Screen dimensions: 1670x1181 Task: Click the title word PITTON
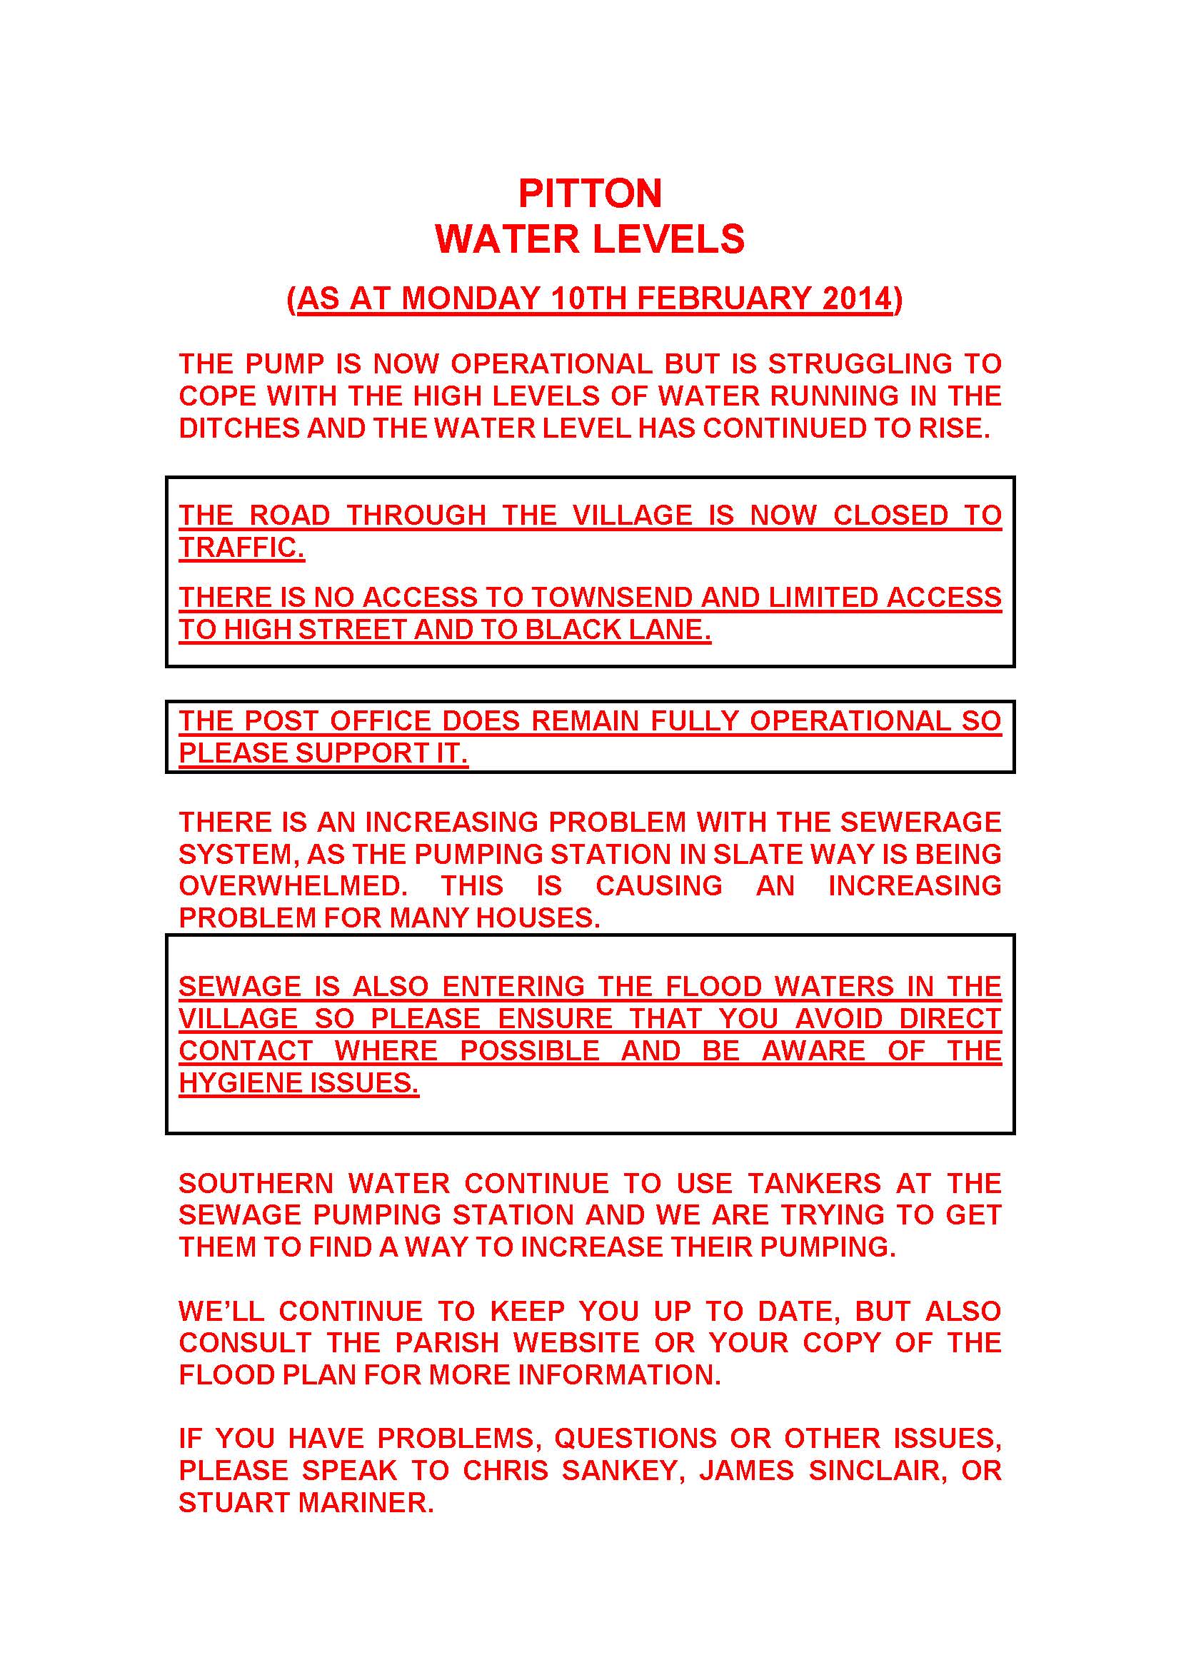[x=590, y=193]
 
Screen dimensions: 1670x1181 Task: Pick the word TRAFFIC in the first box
[x=241, y=548]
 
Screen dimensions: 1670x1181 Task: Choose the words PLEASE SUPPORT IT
[x=322, y=753]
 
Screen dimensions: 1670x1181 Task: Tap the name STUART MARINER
[x=306, y=1502]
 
